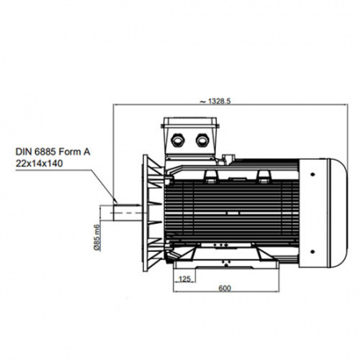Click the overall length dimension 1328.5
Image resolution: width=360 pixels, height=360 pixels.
219,101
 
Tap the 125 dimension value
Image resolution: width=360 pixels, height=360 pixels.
185,279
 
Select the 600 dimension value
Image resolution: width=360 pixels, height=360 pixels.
225,288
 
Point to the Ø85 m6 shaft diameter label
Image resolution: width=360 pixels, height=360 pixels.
97,238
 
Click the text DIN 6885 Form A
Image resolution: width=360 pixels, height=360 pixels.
53,152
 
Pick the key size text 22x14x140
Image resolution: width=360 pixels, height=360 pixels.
39,163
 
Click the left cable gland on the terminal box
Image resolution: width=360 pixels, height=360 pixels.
178,140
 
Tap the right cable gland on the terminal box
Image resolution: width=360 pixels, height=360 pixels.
202,140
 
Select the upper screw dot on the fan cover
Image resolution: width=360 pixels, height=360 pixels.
312,174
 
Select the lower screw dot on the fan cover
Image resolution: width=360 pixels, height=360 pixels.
312,251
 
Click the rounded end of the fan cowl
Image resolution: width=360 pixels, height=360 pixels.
338,213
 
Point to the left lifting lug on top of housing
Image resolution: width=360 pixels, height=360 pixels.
211,176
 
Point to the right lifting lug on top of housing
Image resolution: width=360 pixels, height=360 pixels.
263,176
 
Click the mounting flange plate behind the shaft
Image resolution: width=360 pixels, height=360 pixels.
146,213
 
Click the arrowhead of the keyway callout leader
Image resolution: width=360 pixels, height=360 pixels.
115,200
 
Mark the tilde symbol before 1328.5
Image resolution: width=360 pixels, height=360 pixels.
203,102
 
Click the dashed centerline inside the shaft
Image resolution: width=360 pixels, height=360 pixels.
128,213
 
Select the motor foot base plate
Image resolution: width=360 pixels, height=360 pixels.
226,264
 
